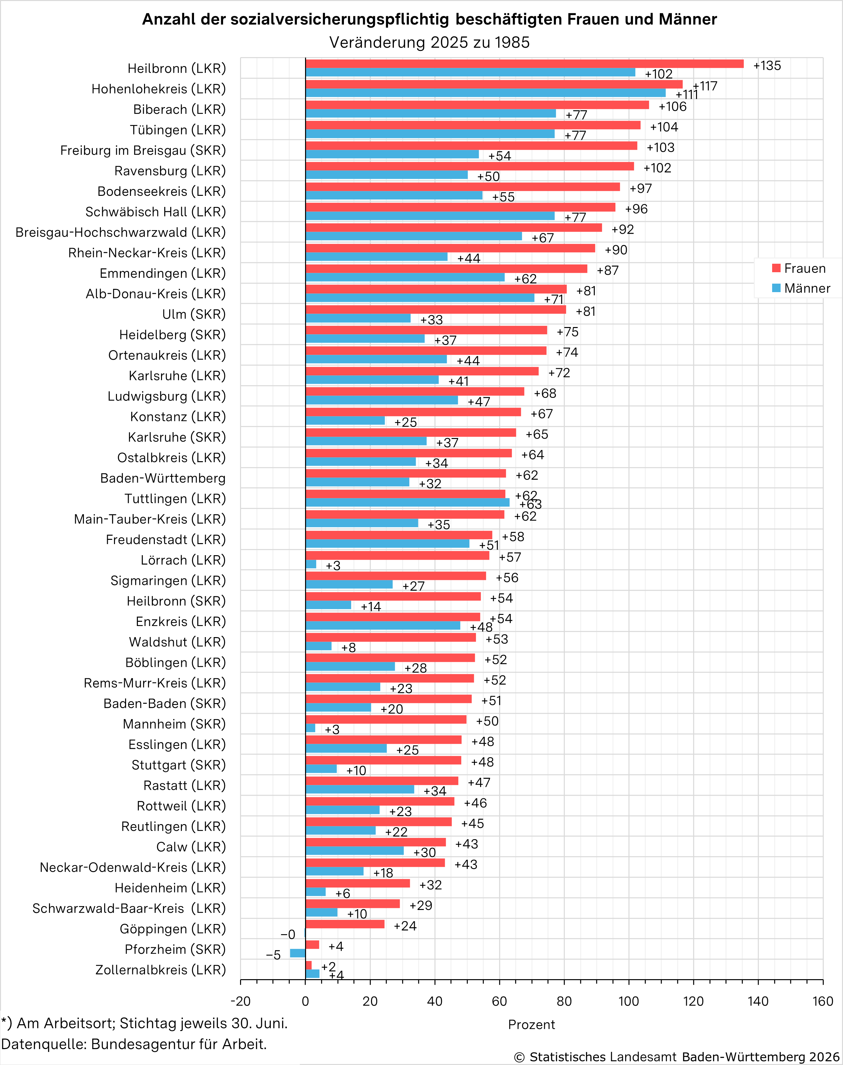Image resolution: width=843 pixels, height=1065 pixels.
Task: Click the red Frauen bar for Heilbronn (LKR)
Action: click(524, 64)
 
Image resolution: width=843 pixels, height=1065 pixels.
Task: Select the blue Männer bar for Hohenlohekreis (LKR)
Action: click(485, 93)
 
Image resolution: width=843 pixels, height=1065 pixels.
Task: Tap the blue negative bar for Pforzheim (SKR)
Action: click(298, 953)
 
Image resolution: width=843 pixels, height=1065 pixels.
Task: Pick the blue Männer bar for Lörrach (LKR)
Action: click(311, 564)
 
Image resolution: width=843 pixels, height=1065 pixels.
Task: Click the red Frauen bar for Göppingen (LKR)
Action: click(345, 924)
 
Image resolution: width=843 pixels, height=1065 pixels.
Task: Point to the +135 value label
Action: click(767, 66)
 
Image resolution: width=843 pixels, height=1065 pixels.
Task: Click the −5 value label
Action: click(273, 955)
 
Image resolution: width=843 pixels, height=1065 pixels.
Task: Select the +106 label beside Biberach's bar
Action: click(672, 106)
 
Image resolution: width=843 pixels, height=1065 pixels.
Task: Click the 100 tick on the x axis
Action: click(629, 1001)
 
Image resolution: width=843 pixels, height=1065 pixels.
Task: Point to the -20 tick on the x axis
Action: click(240, 1001)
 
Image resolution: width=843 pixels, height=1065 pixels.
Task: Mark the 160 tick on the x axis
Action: click(823, 1001)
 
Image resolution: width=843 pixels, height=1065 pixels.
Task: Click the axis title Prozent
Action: click(531, 1025)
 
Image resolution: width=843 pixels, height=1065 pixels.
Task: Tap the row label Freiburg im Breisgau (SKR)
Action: click(143, 150)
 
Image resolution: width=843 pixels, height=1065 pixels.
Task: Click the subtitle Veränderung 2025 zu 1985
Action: click(430, 42)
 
